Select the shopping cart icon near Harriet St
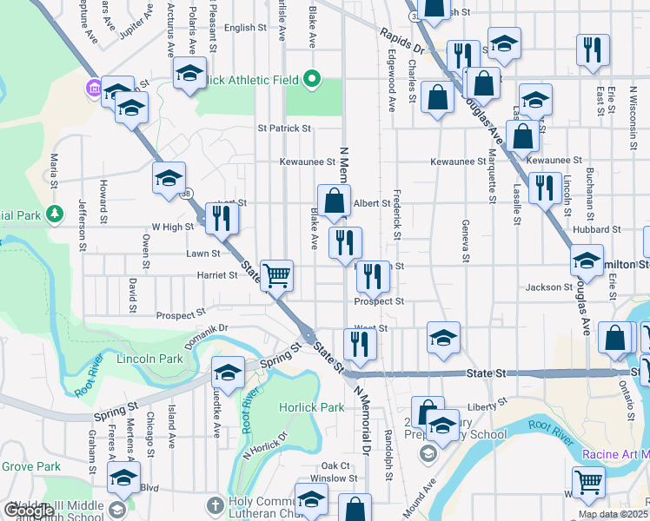click(x=277, y=276)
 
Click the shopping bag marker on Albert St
click(x=334, y=201)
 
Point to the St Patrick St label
click(x=284, y=129)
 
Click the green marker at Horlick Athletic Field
click(x=312, y=81)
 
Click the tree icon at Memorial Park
click(x=55, y=213)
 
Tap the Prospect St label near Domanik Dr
click(x=180, y=313)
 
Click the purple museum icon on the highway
click(x=93, y=89)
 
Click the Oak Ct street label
click(x=335, y=465)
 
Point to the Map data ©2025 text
click(x=612, y=514)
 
